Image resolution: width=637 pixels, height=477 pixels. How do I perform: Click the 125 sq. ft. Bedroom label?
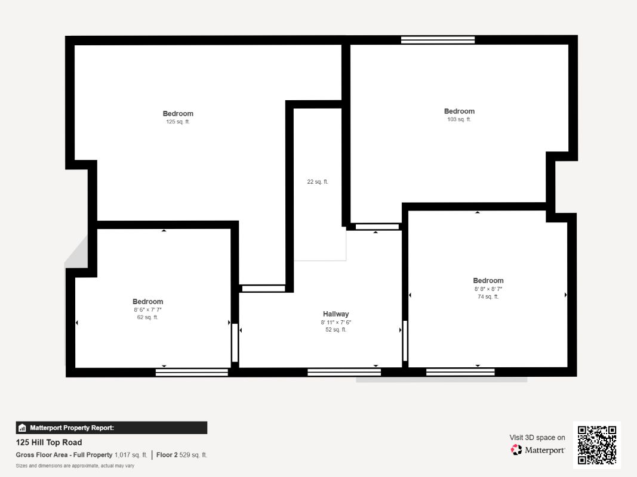point(178,114)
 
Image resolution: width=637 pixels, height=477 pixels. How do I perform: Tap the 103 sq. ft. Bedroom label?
point(459,111)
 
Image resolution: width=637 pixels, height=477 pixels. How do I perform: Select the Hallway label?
point(336,314)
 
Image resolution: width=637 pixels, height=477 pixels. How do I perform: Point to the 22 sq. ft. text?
point(318,182)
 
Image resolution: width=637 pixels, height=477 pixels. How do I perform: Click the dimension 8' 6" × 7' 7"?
point(147,310)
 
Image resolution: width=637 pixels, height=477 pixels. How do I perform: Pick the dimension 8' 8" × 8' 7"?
point(488,289)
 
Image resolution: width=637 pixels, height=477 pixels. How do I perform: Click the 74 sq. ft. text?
point(488,296)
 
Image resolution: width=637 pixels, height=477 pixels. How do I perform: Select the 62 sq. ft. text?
point(147,318)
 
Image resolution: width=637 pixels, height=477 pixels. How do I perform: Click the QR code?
point(597,445)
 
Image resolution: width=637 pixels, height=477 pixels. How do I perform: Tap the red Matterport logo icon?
point(516,450)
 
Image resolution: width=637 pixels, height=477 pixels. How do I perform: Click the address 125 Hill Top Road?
point(49,442)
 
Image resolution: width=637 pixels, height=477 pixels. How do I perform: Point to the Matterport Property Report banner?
point(112,428)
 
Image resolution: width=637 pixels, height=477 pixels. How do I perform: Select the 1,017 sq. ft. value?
point(131,455)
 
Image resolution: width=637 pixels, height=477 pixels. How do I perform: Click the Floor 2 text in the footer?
point(167,455)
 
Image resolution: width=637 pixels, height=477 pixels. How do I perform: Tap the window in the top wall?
point(438,40)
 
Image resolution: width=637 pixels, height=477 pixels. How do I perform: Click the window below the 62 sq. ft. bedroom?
point(192,373)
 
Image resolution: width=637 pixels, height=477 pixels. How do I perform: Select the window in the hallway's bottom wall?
point(344,373)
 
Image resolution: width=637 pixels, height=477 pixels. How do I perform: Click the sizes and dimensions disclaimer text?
point(75,466)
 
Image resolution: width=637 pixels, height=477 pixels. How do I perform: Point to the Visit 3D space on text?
point(537,438)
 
